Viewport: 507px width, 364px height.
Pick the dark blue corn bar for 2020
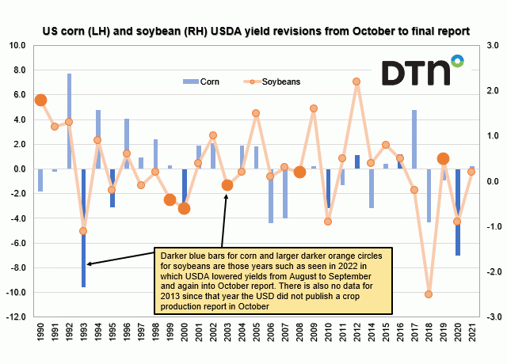pyautogui.click(x=457, y=211)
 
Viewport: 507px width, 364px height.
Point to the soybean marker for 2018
pyautogui.click(x=429, y=294)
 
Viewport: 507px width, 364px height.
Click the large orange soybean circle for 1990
pyautogui.click(x=41, y=100)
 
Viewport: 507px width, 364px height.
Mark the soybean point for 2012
pyautogui.click(x=356, y=82)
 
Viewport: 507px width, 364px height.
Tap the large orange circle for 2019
pyautogui.click(x=443, y=158)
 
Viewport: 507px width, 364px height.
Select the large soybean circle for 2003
pyautogui.click(x=227, y=185)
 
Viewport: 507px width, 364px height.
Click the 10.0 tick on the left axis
pyautogui.click(x=17, y=45)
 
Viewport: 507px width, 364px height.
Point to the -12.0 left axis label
pyautogui.click(x=16, y=317)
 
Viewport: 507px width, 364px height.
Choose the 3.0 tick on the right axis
pyautogui.click(x=490, y=45)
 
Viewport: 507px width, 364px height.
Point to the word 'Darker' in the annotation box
pyautogui.click(x=176, y=256)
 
